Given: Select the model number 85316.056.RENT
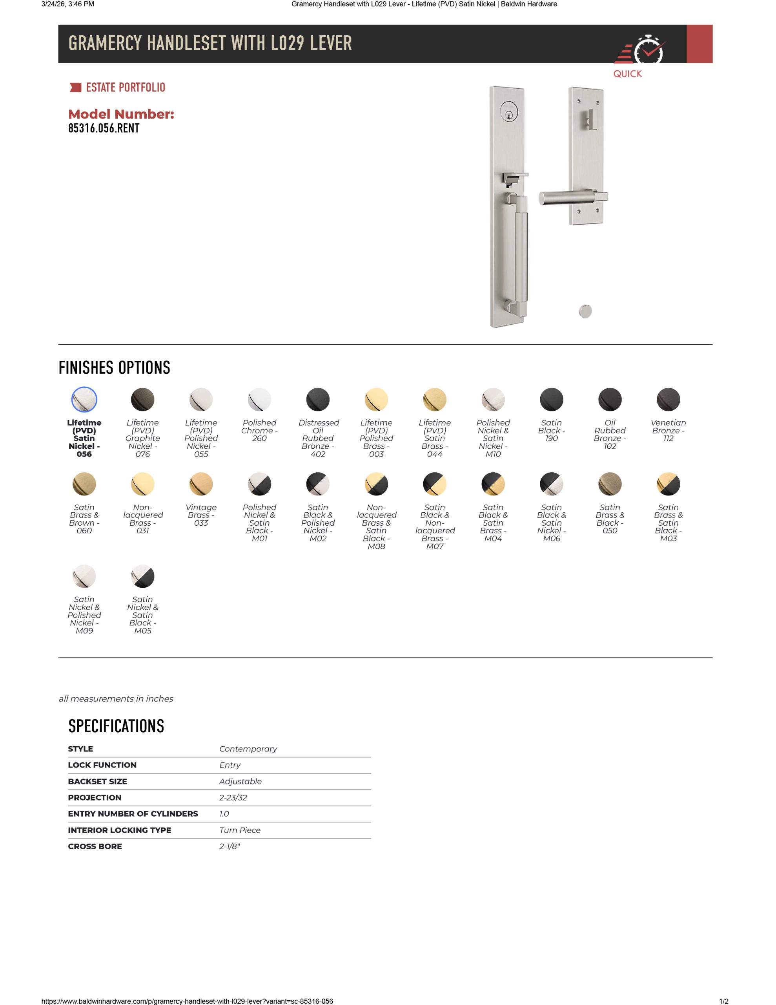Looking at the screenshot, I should pos(104,128).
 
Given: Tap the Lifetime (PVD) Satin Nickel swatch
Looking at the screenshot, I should pos(84,399).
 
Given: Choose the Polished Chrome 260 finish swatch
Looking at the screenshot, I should pos(259,399).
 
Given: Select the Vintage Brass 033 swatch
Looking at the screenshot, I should pos(201,484).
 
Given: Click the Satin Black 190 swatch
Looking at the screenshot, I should pos(551,399).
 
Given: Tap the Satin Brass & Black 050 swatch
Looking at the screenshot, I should pos(610,484).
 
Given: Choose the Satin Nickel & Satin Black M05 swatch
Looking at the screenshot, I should pos(142,576).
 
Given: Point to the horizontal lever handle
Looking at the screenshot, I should pos(568,197).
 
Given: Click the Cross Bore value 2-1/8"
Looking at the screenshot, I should pos(230,846).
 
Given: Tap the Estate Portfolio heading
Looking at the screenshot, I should pos(125,88).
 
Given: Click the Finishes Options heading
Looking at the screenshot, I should pos(115,368).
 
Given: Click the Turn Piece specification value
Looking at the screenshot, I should pos(240,830).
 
